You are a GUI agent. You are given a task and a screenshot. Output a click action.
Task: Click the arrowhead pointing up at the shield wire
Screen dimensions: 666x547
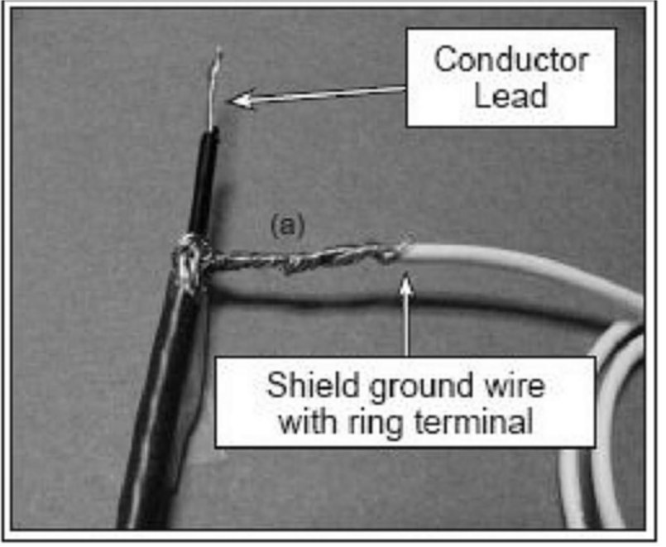point(406,284)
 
